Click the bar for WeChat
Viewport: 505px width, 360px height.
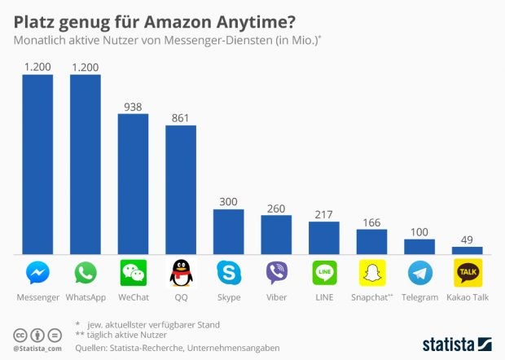tap(133, 184)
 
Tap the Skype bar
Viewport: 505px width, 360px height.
tap(229, 232)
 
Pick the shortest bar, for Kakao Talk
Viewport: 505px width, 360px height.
tap(467, 251)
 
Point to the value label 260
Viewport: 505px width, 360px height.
tap(276, 208)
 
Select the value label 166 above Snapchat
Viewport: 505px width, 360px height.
tap(371, 222)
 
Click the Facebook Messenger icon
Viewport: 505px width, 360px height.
tap(37, 273)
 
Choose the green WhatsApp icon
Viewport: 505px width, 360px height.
tap(85, 273)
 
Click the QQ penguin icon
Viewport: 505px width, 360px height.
tap(181, 273)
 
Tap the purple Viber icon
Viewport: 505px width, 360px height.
tap(276, 273)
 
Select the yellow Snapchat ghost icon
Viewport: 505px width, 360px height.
tap(371, 273)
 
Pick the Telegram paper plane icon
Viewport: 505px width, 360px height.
tap(419, 273)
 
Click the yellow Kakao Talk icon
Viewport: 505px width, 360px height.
tap(467, 273)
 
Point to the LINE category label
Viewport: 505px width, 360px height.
tap(324, 297)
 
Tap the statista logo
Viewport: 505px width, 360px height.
tap(456, 343)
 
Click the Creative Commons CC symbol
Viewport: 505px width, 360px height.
tap(20, 336)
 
